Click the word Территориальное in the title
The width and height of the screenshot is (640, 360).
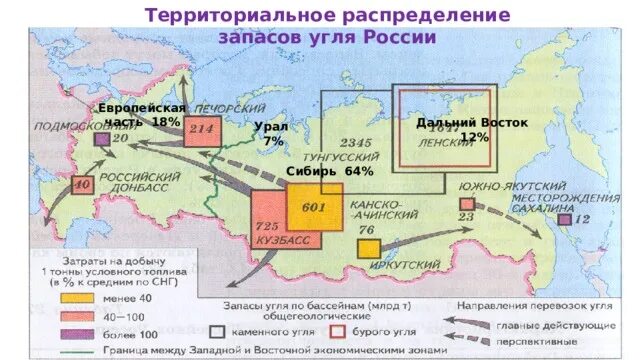point(218,16)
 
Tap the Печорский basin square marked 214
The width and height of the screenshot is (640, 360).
point(202,130)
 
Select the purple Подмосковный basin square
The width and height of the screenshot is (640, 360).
point(101,140)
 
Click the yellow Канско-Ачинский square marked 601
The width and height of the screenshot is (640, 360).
point(314,206)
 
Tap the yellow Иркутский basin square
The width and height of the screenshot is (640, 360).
point(369,249)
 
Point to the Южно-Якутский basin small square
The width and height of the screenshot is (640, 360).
point(466,204)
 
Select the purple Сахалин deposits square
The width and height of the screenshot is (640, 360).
point(565,218)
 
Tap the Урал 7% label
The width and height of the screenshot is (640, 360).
point(270,134)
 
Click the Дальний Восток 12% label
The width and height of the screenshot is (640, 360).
point(472,129)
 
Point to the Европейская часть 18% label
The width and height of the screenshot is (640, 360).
point(141,114)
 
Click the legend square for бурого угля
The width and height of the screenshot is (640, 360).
point(338,328)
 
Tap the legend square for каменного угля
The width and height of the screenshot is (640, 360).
point(216,328)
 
